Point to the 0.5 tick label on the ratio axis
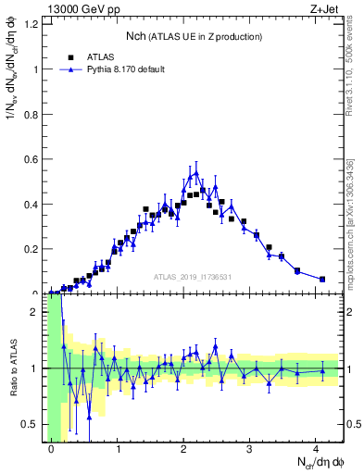[33, 424]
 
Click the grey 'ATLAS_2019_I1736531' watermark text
[192, 277]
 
